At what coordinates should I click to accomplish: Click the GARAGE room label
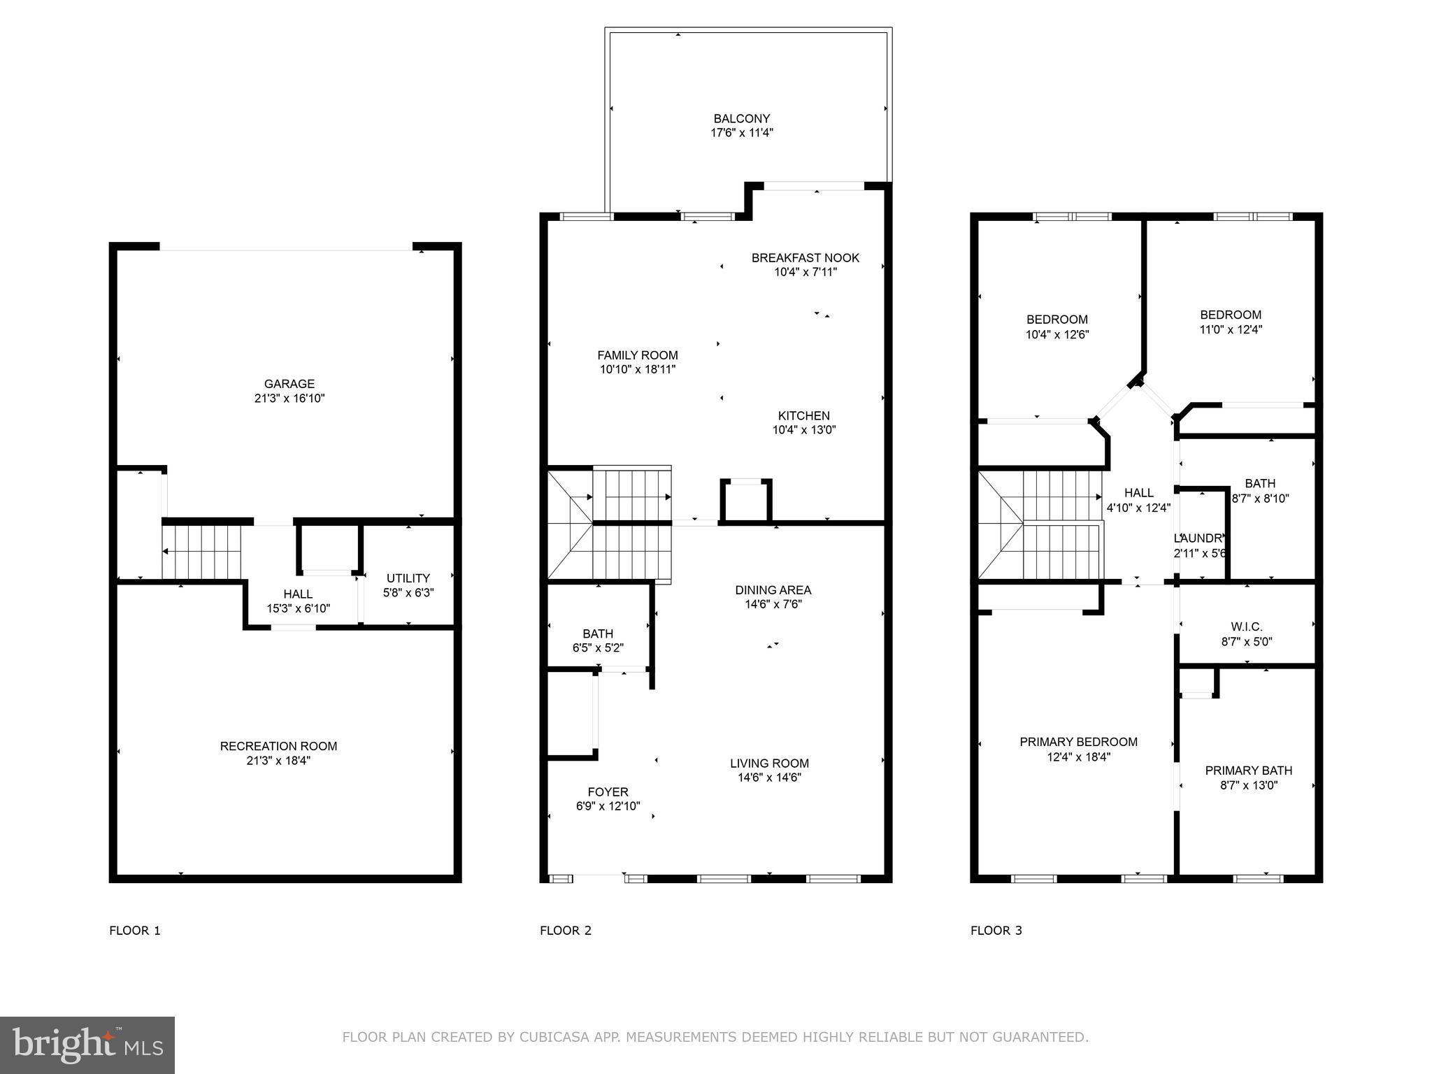coord(289,384)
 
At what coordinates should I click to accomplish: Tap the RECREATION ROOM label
coord(278,746)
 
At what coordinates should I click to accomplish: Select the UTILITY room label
coord(408,578)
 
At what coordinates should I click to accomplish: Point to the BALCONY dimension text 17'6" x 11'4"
coord(742,133)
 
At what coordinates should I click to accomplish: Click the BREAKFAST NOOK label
coord(805,258)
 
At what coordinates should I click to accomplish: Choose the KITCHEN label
coord(804,416)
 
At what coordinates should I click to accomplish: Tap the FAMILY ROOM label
coord(637,355)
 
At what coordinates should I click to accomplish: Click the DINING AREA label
coord(773,590)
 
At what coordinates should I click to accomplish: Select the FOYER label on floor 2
coord(608,792)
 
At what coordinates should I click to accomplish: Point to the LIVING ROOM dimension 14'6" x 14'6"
coord(769,778)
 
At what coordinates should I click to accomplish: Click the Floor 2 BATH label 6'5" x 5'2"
coord(597,634)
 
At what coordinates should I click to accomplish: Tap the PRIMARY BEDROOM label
coord(1078,742)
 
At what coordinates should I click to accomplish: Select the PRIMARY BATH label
coord(1248,771)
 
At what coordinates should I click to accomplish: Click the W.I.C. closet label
coord(1247,627)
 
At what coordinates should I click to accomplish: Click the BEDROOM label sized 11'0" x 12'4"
coord(1231,315)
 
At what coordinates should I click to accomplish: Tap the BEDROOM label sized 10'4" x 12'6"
coord(1057,320)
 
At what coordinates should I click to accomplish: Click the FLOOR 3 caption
coord(996,931)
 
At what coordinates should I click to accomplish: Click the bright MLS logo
coord(87,1045)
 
